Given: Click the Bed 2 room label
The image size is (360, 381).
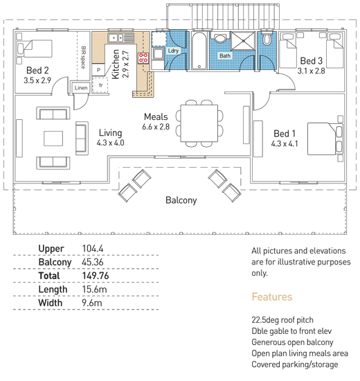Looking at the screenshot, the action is [37, 71].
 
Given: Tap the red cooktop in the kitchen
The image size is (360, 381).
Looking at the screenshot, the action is [143, 58].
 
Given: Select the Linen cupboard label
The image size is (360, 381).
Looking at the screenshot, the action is [81, 88].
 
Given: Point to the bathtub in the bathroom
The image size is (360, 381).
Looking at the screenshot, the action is [199, 51].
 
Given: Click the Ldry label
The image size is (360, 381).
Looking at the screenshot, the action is [173, 51].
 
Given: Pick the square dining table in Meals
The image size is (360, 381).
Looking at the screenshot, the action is [199, 123].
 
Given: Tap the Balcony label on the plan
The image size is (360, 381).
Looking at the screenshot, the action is [181, 200].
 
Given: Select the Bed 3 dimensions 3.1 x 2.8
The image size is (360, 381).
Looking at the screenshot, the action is [311, 71].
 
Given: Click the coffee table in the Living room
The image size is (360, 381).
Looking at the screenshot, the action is [53, 139].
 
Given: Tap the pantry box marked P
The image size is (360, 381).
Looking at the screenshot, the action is [98, 70].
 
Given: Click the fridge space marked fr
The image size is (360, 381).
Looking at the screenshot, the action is [100, 85].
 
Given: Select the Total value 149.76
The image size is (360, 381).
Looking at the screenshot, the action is [96, 276].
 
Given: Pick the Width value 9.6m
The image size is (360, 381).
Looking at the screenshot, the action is [92, 303].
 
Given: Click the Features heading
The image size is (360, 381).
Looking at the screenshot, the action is [272, 297].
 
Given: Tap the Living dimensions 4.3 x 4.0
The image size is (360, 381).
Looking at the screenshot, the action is [111, 143].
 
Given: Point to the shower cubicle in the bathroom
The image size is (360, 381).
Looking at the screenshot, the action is [243, 41].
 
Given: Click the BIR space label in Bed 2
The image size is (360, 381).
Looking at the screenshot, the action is [83, 57].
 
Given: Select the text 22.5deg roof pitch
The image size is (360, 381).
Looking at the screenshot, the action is [282, 320].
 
